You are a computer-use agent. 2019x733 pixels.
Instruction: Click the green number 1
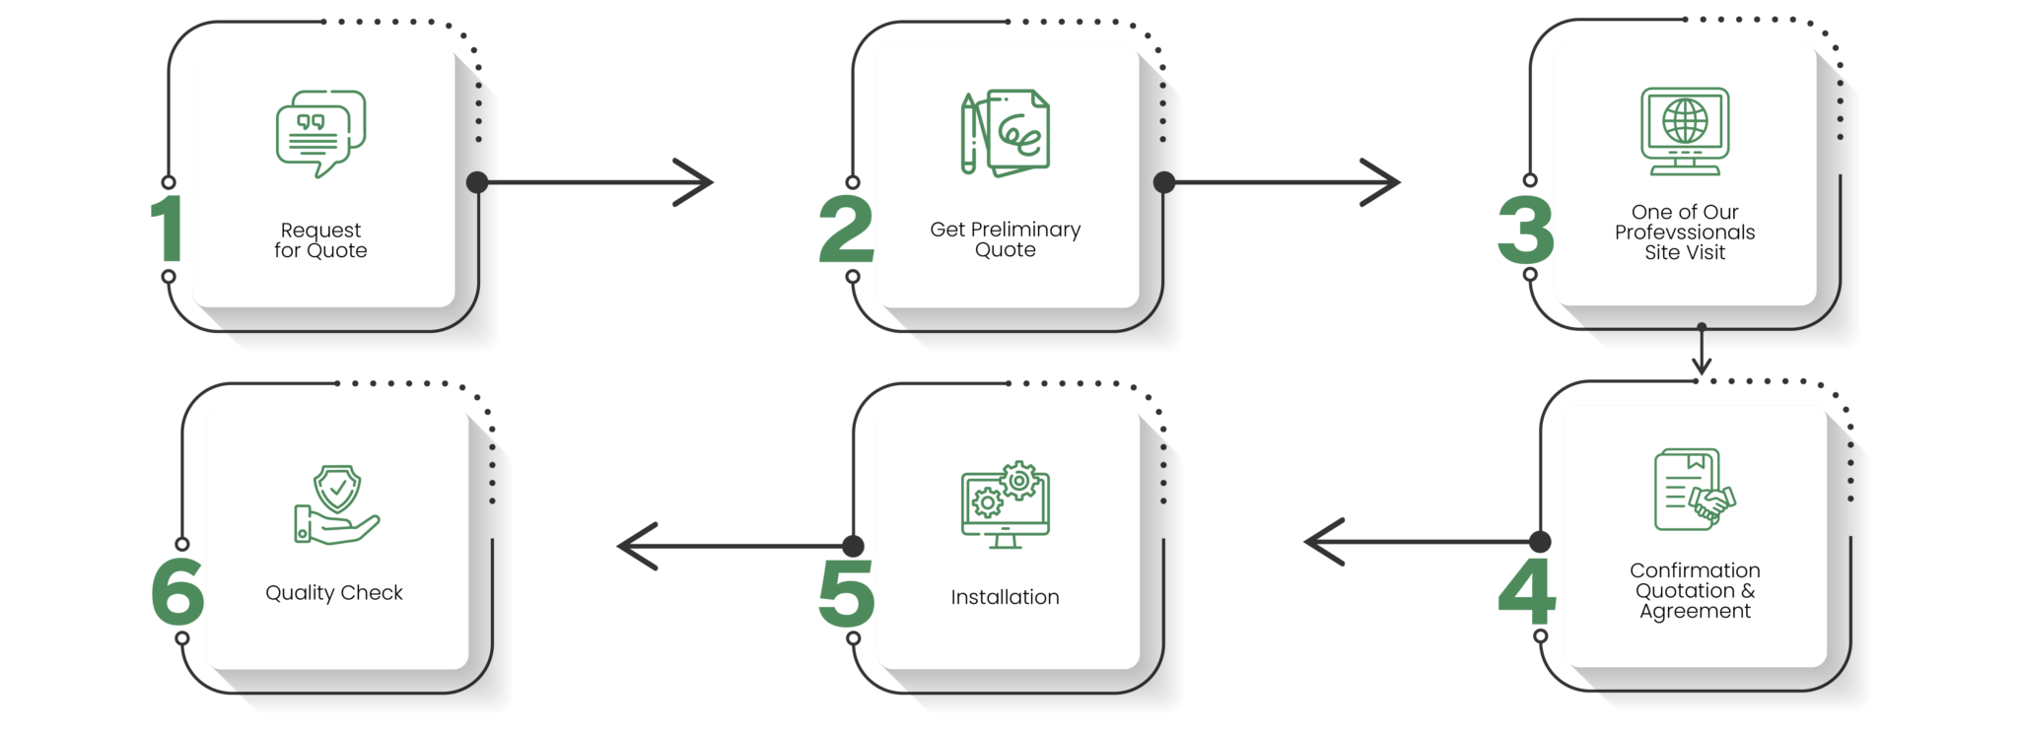168,229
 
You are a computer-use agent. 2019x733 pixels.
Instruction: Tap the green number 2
846,231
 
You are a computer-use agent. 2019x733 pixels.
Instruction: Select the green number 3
1524,230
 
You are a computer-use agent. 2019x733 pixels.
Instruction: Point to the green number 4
1526,592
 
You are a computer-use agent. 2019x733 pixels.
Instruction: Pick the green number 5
846,593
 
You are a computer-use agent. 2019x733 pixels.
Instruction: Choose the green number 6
177,591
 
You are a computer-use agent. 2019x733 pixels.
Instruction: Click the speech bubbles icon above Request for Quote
320,134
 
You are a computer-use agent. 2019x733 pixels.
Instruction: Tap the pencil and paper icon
1005,134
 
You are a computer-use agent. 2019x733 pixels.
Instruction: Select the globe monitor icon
1684,131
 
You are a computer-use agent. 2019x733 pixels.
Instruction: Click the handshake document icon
1695,490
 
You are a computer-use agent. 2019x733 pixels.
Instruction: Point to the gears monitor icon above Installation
1005,503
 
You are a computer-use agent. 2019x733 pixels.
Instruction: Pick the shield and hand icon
336,504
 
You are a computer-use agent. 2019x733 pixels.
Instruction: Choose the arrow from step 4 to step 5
1420,542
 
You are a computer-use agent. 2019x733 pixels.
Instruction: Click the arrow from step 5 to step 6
734,546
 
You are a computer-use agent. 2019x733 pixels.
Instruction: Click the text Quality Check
334,593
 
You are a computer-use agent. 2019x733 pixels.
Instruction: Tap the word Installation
1005,597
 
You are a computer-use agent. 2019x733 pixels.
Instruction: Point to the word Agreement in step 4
1695,612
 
